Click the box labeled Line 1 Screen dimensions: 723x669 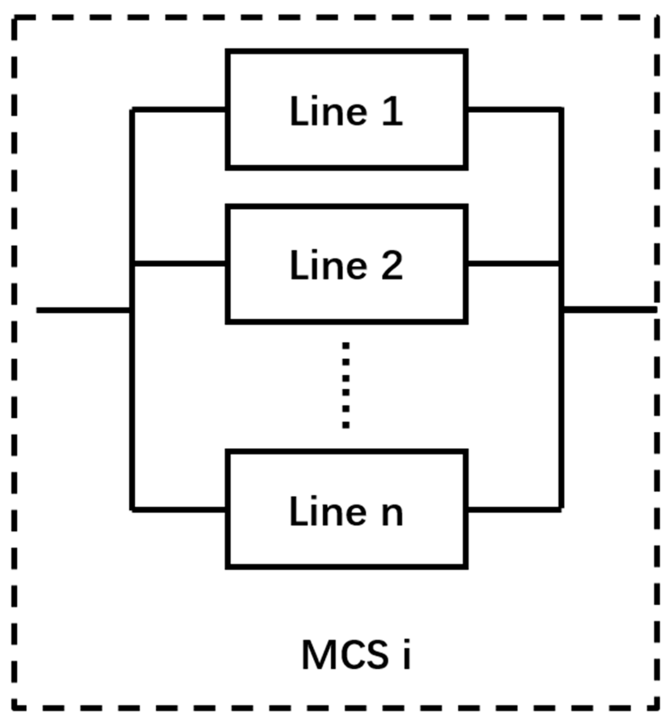346,109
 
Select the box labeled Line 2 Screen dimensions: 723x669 346,264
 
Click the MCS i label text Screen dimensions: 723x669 356,655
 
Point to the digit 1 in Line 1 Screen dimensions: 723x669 392,111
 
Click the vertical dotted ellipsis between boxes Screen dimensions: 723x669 346,385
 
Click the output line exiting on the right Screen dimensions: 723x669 610,310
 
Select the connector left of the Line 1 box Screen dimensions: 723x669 179,109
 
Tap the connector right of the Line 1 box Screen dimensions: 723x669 514,109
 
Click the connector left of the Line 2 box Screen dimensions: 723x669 179,264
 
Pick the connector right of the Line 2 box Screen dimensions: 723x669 514,264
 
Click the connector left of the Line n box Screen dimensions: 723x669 179,510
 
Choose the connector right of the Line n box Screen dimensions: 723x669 514,510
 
